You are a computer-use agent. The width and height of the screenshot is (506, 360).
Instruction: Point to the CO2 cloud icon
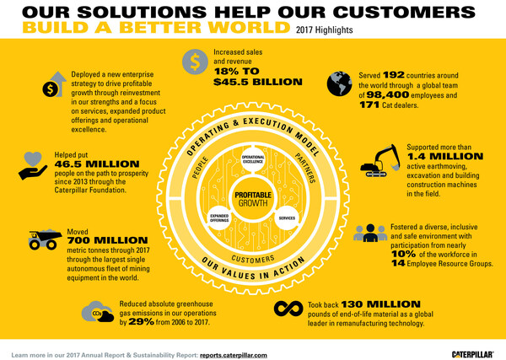coord(100,314)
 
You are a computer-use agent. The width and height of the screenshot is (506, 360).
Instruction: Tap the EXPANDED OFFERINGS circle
coord(220,218)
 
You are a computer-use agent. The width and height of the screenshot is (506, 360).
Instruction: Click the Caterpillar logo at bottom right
coord(469,352)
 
